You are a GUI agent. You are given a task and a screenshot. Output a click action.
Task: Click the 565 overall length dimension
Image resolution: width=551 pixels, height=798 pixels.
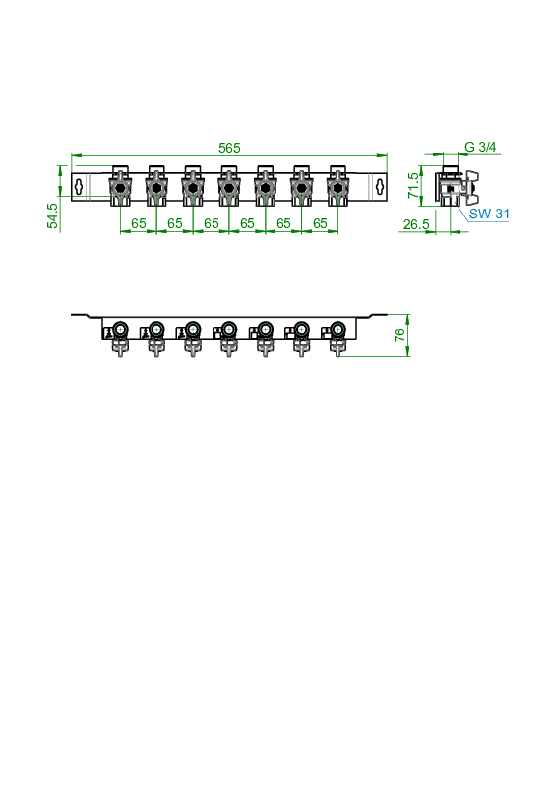(x=229, y=148)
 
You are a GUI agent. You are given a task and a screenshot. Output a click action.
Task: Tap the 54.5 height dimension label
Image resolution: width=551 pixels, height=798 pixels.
(x=52, y=215)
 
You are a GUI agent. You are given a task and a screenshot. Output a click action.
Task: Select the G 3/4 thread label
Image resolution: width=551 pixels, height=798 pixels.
(x=480, y=147)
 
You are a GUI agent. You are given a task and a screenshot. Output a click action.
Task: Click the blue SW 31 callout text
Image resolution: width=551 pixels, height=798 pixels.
(x=489, y=214)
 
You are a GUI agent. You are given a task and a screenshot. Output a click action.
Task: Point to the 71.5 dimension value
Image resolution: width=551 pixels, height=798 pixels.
(x=414, y=185)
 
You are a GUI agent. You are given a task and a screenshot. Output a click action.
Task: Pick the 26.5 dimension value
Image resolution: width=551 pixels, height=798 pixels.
(x=416, y=224)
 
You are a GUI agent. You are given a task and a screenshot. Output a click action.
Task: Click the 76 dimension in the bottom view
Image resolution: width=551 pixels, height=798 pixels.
(x=399, y=335)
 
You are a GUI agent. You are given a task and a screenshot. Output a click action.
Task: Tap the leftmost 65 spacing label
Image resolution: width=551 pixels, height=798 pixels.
(x=139, y=223)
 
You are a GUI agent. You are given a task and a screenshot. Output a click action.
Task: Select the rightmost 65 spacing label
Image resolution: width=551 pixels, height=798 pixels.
(x=320, y=223)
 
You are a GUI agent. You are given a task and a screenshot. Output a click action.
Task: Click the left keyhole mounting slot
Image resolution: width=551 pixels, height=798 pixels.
(x=79, y=187)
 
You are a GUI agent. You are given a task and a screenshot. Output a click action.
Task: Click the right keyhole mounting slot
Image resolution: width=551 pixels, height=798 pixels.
(x=380, y=187)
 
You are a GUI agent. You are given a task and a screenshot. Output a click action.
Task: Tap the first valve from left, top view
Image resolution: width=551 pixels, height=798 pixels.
(x=120, y=186)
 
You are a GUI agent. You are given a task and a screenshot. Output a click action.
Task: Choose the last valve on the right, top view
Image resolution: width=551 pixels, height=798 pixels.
(x=337, y=186)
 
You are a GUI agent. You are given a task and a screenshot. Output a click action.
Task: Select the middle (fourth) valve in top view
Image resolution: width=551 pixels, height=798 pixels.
(x=229, y=186)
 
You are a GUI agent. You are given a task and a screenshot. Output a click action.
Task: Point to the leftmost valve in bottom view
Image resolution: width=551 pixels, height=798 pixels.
(x=120, y=337)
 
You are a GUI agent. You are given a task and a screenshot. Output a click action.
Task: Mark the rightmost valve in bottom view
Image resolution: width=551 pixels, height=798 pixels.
(x=337, y=337)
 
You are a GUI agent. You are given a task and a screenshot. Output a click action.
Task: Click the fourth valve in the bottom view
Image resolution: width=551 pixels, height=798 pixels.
(x=228, y=337)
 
